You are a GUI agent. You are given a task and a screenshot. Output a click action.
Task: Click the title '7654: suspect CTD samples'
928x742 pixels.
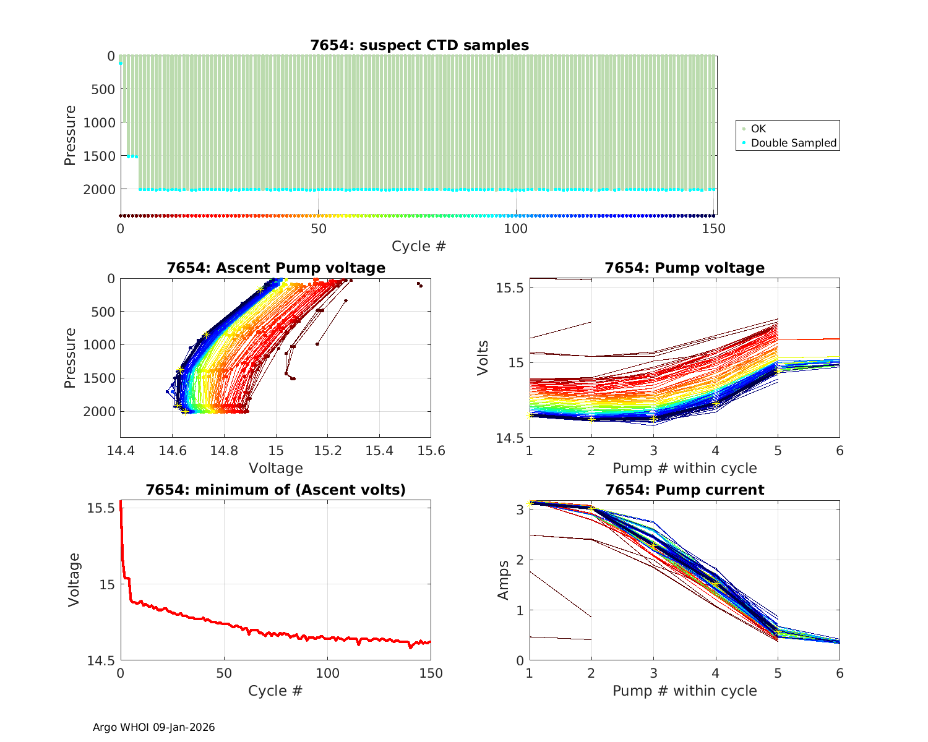(419, 45)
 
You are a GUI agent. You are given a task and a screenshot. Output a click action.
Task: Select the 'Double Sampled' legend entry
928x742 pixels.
(793, 143)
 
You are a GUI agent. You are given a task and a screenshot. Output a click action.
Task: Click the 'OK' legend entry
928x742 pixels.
(758, 129)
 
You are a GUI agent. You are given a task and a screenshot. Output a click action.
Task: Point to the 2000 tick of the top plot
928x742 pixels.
(99, 189)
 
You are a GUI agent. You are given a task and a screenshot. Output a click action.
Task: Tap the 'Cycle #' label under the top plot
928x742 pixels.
(418, 246)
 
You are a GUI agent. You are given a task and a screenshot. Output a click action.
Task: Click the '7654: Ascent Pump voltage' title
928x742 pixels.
(275, 268)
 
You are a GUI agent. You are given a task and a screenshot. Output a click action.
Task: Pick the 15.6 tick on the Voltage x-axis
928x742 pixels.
(431, 451)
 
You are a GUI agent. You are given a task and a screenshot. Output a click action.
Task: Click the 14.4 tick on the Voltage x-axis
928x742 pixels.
(121, 451)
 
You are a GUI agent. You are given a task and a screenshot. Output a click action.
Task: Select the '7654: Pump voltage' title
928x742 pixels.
(684, 268)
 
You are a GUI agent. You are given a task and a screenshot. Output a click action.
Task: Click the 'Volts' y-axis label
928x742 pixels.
(483, 357)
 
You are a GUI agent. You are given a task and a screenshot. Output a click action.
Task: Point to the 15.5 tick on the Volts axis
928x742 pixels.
(510, 288)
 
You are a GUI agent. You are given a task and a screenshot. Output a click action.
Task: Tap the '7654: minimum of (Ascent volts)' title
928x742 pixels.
(275, 490)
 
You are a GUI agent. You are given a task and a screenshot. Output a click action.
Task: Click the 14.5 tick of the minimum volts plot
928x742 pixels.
(101, 661)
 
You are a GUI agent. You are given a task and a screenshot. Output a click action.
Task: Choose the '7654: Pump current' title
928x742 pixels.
(684, 490)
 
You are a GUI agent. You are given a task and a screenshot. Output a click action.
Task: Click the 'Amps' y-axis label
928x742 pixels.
(504, 579)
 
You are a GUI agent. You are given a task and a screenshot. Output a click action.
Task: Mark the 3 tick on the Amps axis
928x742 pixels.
(518, 510)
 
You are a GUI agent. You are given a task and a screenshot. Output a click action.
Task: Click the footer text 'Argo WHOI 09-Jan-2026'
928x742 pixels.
(153, 727)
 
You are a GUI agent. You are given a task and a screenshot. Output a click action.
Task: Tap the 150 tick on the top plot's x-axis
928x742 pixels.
(714, 229)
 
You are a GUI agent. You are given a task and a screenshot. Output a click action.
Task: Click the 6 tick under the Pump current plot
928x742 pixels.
(840, 673)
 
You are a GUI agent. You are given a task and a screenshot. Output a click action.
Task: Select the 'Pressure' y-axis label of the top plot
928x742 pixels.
(70, 135)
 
